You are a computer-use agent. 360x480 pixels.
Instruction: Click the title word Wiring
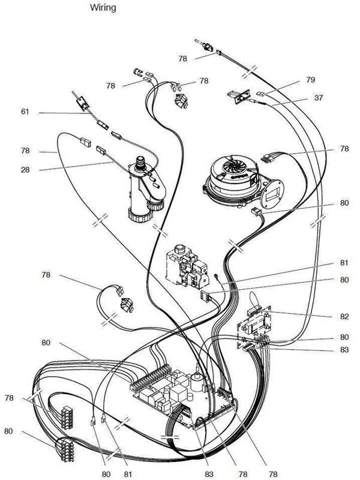pyautogui.click(x=103, y=7)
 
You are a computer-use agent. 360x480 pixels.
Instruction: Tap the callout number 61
pyautogui.click(x=25, y=112)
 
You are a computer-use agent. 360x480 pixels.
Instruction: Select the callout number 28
pyautogui.click(x=25, y=170)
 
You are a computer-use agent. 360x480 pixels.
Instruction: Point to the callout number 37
pyautogui.click(x=319, y=98)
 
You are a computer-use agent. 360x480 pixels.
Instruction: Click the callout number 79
pyautogui.click(x=310, y=80)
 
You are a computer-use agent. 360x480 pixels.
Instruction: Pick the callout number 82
pyautogui.click(x=344, y=316)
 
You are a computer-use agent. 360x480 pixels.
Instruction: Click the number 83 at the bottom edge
pyautogui.click(x=209, y=474)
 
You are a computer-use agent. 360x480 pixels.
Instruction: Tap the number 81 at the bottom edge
pyautogui.click(x=128, y=474)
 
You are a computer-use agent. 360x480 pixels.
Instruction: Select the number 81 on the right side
pyautogui.click(x=344, y=263)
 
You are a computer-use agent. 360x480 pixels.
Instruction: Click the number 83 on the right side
pyautogui.click(x=344, y=349)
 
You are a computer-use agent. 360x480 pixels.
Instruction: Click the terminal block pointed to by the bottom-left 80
pyautogui.click(x=64, y=449)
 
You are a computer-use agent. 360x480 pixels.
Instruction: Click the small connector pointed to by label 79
pyautogui.click(x=260, y=94)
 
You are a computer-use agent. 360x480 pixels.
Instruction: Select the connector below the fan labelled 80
pyautogui.click(x=255, y=212)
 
